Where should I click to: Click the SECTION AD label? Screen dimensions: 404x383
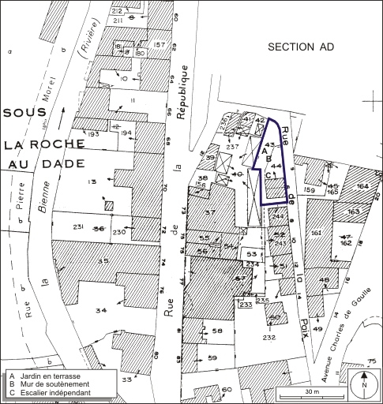[301, 48]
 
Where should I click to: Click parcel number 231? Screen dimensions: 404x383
[78, 227]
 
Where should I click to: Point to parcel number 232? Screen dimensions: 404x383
[270, 337]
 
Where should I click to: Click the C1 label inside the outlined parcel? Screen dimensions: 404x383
[270, 175]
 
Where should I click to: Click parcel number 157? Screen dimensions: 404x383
[160, 44]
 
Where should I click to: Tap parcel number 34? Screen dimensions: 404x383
[100, 311]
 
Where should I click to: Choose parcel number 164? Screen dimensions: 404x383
[362, 185]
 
